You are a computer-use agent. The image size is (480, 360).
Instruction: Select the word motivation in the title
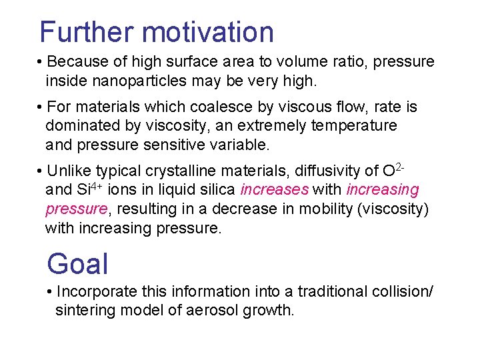coord(208,32)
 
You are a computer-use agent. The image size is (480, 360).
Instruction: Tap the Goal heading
coord(77,263)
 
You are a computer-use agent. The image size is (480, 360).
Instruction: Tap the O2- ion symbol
coord(391,169)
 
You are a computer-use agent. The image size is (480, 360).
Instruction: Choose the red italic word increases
coord(275,190)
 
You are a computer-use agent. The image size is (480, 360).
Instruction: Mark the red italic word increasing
coord(383,190)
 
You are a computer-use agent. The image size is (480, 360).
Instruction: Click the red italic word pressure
coord(76,209)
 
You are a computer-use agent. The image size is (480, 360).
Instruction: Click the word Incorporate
coord(97,292)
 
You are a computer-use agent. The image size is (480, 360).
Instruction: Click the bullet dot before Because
coord(41,63)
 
